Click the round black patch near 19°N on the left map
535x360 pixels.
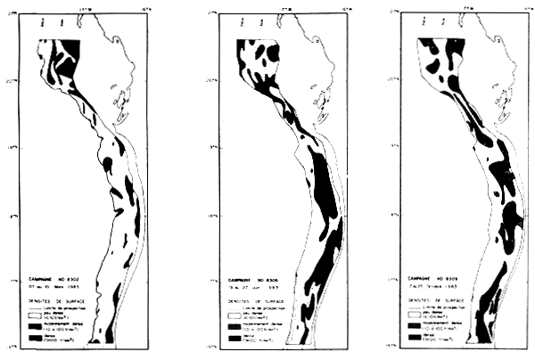tap(108, 164)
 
